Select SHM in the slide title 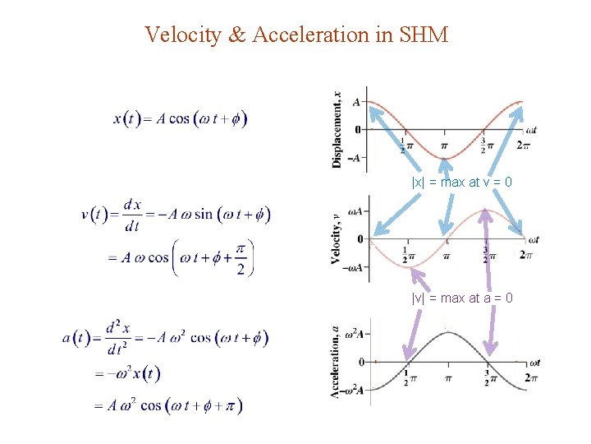click(424, 35)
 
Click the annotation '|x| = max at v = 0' click(461, 182)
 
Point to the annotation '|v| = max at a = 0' click(462, 298)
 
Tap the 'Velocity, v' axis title click(336, 239)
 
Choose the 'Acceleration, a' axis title click(336, 362)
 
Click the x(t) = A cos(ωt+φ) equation click(180, 118)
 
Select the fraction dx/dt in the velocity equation click(131, 215)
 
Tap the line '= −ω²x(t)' click(127, 374)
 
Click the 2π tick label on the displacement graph click(523, 146)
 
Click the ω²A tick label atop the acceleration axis click(354, 331)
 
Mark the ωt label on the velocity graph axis click(534, 240)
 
